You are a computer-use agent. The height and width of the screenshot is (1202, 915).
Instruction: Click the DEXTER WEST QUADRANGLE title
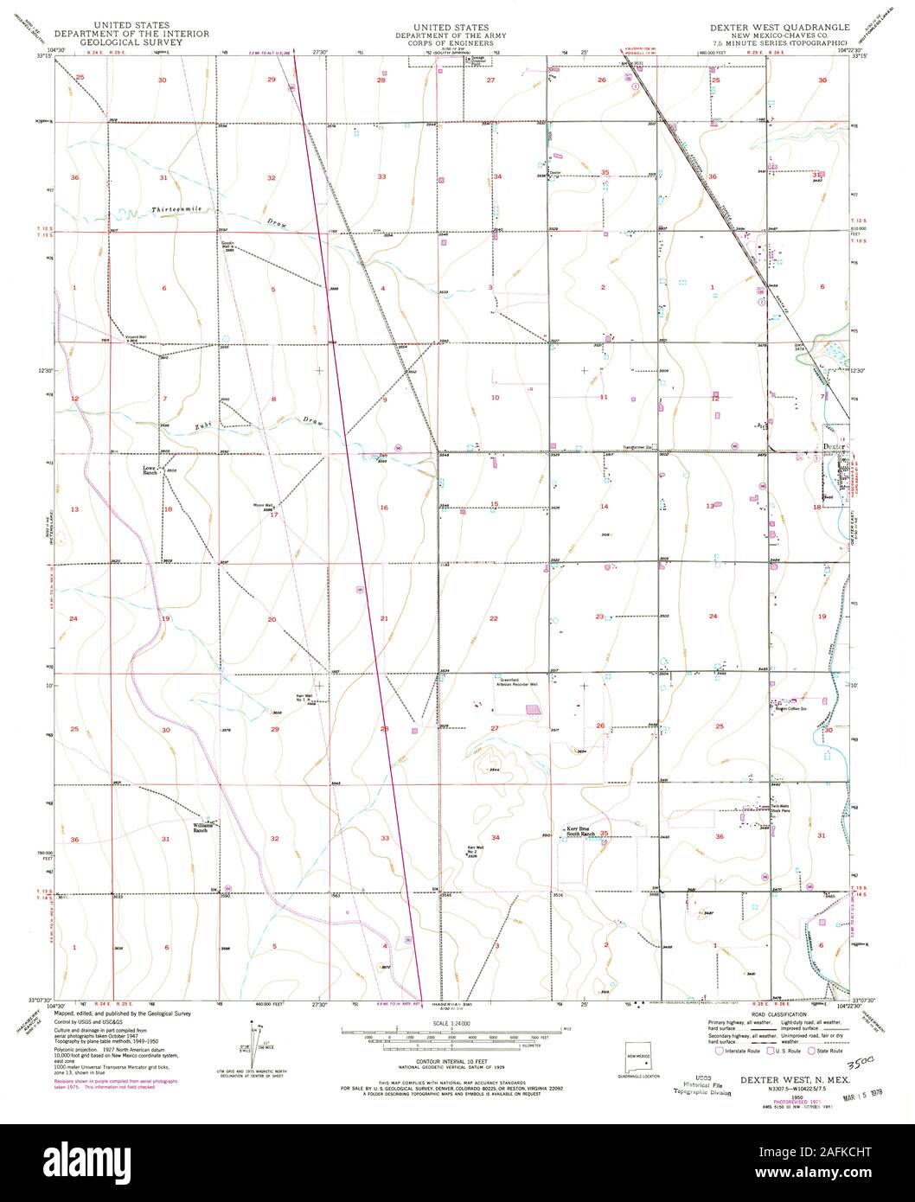point(778,28)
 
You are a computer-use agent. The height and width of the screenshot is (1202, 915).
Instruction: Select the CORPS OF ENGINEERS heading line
point(451,42)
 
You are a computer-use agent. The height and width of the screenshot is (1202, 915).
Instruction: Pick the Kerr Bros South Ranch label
point(583,831)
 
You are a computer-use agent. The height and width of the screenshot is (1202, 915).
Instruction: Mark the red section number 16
point(383,508)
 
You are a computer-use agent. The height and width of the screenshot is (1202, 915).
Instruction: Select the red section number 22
point(494,619)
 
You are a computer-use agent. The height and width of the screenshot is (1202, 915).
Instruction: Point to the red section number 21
point(384,619)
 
